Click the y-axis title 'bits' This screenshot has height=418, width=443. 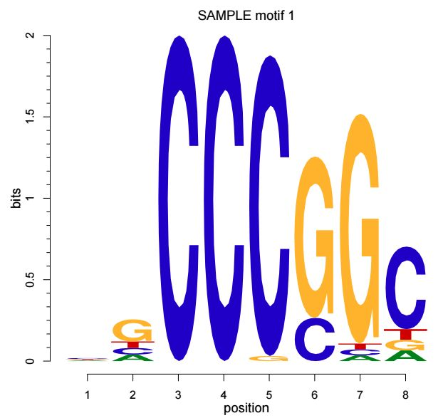click(x=16, y=198)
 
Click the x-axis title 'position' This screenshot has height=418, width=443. click(x=246, y=408)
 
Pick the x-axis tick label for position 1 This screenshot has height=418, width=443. click(x=88, y=393)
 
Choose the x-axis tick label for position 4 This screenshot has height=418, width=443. click(x=224, y=393)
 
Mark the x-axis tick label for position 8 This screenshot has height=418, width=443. click(x=405, y=393)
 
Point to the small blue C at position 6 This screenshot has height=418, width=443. click(x=314, y=339)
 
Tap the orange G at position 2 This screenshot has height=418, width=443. click(x=133, y=330)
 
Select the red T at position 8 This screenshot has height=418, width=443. click(x=405, y=334)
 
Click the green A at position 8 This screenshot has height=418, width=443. click(x=405, y=355)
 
